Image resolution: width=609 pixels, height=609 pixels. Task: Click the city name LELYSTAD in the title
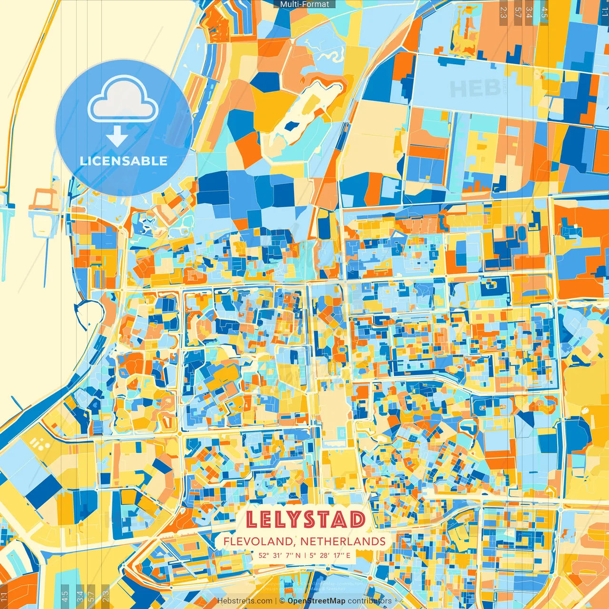[x=305, y=519]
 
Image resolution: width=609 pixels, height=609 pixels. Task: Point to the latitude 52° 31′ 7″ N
[x=280, y=555]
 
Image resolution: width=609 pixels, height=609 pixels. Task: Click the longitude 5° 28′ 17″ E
[x=330, y=555]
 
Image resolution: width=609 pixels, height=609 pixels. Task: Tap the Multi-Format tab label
[x=304, y=4]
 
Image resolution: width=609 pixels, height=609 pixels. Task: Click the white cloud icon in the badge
[x=123, y=100]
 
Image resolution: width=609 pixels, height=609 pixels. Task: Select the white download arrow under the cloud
[x=117, y=136]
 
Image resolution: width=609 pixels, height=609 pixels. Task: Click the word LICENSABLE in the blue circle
[x=124, y=161]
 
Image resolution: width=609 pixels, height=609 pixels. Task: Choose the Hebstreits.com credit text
[x=245, y=601]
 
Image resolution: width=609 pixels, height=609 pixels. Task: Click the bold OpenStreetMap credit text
[x=316, y=601]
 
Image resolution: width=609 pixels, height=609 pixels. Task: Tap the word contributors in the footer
[x=370, y=601]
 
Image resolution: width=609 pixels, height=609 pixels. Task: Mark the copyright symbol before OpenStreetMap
[x=282, y=601]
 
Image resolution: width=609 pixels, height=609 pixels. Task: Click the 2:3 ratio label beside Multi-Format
[x=503, y=12]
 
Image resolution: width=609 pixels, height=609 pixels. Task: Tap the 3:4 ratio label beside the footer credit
[x=80, y=596]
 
